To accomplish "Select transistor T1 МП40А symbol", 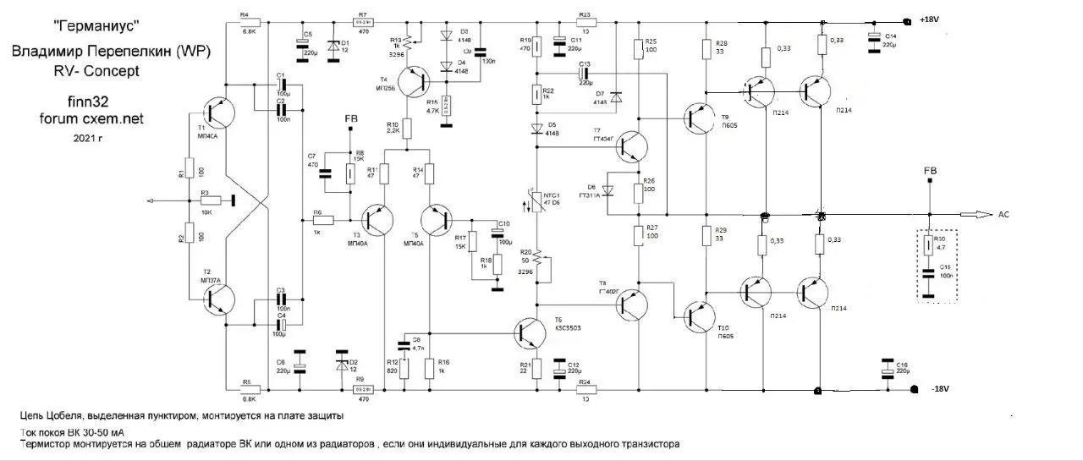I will click(219, 116).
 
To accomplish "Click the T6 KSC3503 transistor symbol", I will click(529, 332).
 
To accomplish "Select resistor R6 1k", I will click(322, 220).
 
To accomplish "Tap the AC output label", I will click(1004, 214).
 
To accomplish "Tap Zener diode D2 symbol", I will click(342, 365).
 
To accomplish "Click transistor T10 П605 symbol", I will click(698, 317).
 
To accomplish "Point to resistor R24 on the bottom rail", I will click(584, 390).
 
